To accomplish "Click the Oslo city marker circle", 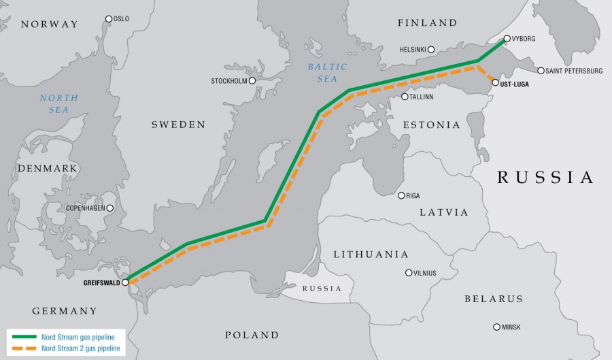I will click(x=109, y=19).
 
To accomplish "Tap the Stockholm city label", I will click(x=228, y=81).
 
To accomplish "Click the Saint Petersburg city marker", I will click(x=541, y=71).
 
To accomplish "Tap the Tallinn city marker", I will click(x=405, y=97).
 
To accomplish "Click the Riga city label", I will click(x=413, y=196).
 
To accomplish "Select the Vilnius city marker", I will click(x=409, y=273).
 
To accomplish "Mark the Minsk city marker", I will click(x=496, y=327).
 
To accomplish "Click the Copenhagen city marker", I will click(x=110, y=208).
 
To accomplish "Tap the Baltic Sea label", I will click(x=327, y=73).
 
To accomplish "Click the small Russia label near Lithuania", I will click(x=322, y=289).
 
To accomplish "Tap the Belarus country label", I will click(x=494, y=299).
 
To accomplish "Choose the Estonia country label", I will click(x=431, y=125).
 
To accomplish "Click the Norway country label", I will click(x=50, y=24).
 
